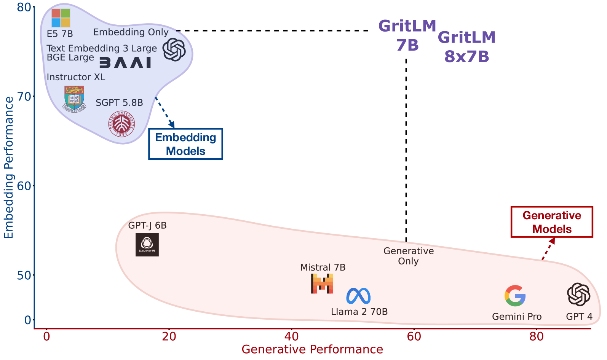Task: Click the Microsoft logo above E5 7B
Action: click(x=61, y=18)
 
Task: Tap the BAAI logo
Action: click(x=125, y=63)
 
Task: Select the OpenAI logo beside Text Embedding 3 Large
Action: click(x=174, y=50)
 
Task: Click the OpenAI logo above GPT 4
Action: click(x=578, y=295)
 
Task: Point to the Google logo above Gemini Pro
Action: click(x=515, y=296)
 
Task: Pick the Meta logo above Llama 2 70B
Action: click(x=358, y=296)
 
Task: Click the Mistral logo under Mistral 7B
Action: click(x=322, y=284)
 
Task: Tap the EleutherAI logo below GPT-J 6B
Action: click(x=147, y=245)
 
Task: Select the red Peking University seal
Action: click(x=122, y=124)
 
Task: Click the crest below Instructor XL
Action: click(x=74, y=99)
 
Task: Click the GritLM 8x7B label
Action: click(x=466, y=47)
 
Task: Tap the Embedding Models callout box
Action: click(x=185, y=144)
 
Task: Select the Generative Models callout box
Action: click(x=552, y=222)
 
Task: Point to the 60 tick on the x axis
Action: click(x=414, y=336)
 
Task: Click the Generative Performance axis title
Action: click(x=312, y=349)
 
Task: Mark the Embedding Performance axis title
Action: click(x=9, y=167)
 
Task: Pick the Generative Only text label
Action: click(x=408, y=256)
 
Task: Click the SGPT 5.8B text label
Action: click(x=119, y=103)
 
